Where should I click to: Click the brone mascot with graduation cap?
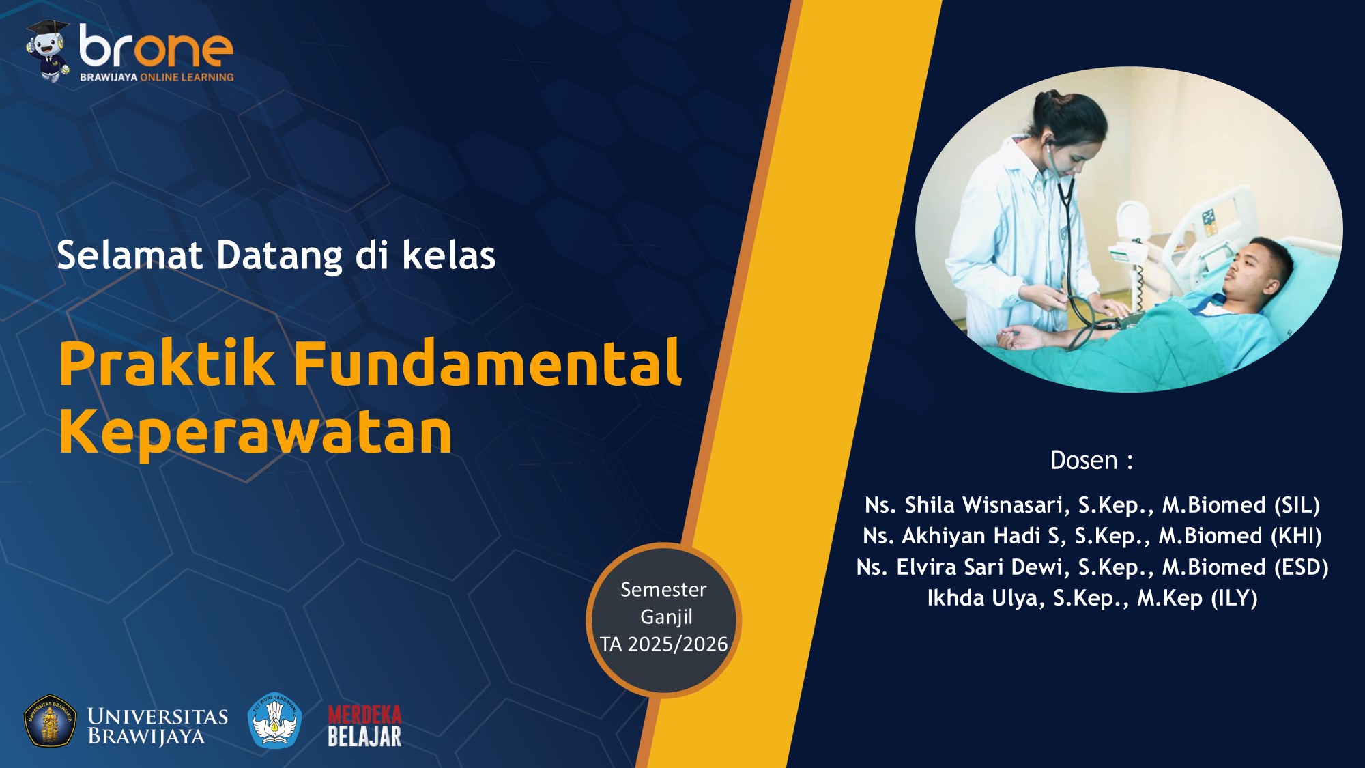click(x=47, y=51)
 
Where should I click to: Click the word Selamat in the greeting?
click(x=130, y=255)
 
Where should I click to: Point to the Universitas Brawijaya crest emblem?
click(x=51, y=722)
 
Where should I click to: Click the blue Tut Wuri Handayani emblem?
click(x=274, y=720)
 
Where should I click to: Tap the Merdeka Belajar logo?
click(x=364, y=726)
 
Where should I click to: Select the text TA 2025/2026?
click(x=664, y=644)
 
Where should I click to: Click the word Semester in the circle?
click(x=663, y=589)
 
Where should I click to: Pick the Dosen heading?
click(x=1091, y=460)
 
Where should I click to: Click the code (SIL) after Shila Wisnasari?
click(x=1297, y=505)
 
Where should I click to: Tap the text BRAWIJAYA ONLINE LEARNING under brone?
click(x=156, y=77)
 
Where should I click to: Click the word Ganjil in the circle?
click(x=666, y=617)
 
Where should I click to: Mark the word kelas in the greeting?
click(x=448, y=255)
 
